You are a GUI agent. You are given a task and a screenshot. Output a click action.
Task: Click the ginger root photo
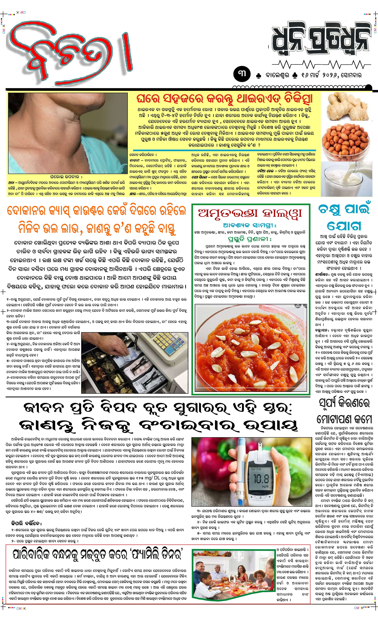point(346,107)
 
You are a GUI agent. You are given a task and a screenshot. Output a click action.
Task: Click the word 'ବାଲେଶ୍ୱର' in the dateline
point(277,75)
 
